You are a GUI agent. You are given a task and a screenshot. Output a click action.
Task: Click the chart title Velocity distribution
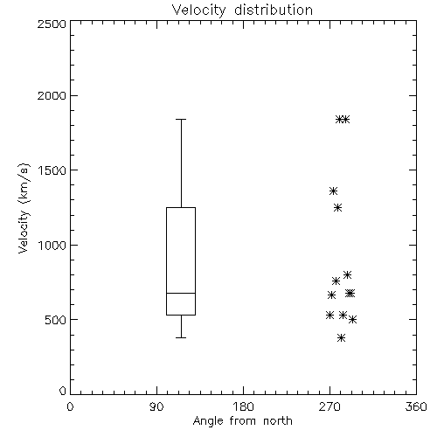click(x=242, y=10)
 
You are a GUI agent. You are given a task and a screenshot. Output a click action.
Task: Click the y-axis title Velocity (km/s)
click(x=24, y=208)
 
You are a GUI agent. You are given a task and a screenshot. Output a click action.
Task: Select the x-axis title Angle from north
click(x=242, y=420)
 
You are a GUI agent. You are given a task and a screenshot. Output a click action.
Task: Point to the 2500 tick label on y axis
click(x=52, y=24)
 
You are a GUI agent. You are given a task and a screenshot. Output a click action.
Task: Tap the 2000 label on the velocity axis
click(x=52, y=95)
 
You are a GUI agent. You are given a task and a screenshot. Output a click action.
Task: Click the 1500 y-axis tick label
click(x=52, y=170)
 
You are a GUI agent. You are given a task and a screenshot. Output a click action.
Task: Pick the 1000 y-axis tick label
click(x=52, y=245)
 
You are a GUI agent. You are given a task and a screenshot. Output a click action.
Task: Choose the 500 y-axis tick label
click(x=56, y=320)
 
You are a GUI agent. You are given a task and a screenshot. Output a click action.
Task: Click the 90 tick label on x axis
click(x=156, y=406)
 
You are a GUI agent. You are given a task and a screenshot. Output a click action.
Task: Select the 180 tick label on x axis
click(x=243, y=406)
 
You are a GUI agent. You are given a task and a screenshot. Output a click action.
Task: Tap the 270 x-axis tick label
click(x=329, y=406)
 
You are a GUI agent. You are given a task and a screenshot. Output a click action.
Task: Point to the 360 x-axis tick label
click(x=416, y=406)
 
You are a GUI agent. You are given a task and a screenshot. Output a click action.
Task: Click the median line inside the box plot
click(x=181, y=293)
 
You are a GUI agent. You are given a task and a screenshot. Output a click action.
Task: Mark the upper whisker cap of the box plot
click(x=181, y=119)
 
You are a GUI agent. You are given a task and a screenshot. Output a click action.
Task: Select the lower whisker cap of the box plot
click(x=181, y=337)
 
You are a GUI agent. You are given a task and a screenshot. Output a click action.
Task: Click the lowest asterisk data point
click(x=341, y=338)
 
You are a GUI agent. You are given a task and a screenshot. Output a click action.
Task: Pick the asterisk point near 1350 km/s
click(x=333, y=191)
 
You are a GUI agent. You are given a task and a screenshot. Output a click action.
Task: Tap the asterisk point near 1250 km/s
click(x=337, y=208)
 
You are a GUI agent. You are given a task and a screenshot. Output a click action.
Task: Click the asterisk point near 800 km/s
click(x=347, y=274)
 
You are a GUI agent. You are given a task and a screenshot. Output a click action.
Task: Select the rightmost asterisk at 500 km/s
click(x=352, y=320)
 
